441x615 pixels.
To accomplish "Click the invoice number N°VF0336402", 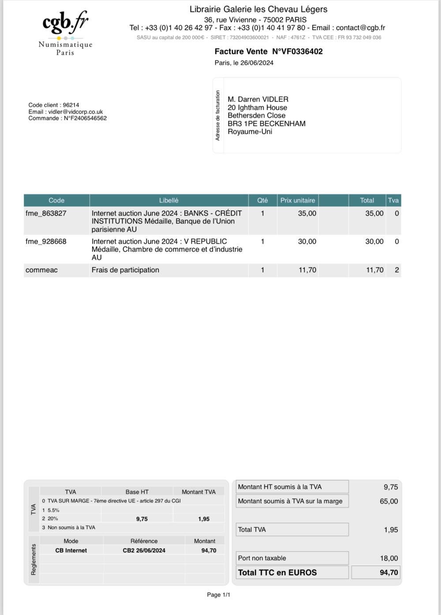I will [x=297, y=52].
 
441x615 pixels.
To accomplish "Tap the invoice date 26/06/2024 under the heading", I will [x=257, y=63].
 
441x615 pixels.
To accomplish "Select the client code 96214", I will [x=71, y=105].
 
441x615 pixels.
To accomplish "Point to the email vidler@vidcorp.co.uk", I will [x=75, y=112].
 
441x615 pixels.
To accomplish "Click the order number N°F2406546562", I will [x=85, y=118].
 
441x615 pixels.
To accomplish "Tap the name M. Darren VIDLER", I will [x=258, y=100].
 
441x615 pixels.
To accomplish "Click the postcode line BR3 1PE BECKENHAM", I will [x=266, y=124].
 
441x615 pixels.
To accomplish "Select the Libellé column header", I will [x=168, y=201].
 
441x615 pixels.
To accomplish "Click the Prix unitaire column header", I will [x=298, y=201].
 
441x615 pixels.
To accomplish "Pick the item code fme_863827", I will [x=46, y=213].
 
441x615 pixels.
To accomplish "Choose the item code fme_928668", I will [x=46, y=242].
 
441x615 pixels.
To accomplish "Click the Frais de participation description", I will [x=125, y=270].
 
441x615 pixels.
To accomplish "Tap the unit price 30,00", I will [x=307, y=242].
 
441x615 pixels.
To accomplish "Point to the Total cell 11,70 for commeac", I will [x=374, y=270].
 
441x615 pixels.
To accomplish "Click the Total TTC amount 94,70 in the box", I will [x=389, y=573].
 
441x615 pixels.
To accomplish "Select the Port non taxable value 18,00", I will [x=389, y=559].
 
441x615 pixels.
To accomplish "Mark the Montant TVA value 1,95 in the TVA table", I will [x=204, y=519].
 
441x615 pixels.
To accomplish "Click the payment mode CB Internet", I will [x=71, y=551].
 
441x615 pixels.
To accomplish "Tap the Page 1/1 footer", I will [x=219, y=595].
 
